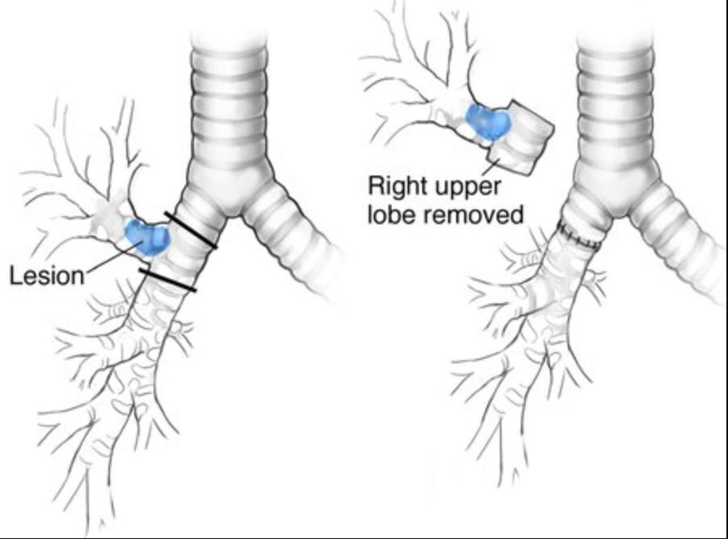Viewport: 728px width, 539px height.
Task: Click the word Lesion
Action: (46, 275)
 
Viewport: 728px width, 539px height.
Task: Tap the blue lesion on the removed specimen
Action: (489, 121)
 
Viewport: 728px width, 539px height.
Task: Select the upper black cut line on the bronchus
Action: (191, 230)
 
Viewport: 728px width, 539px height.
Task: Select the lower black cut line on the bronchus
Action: (167, 280)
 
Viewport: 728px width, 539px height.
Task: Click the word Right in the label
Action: (398, 187)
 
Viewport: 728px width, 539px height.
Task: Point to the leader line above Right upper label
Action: (493, 167)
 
